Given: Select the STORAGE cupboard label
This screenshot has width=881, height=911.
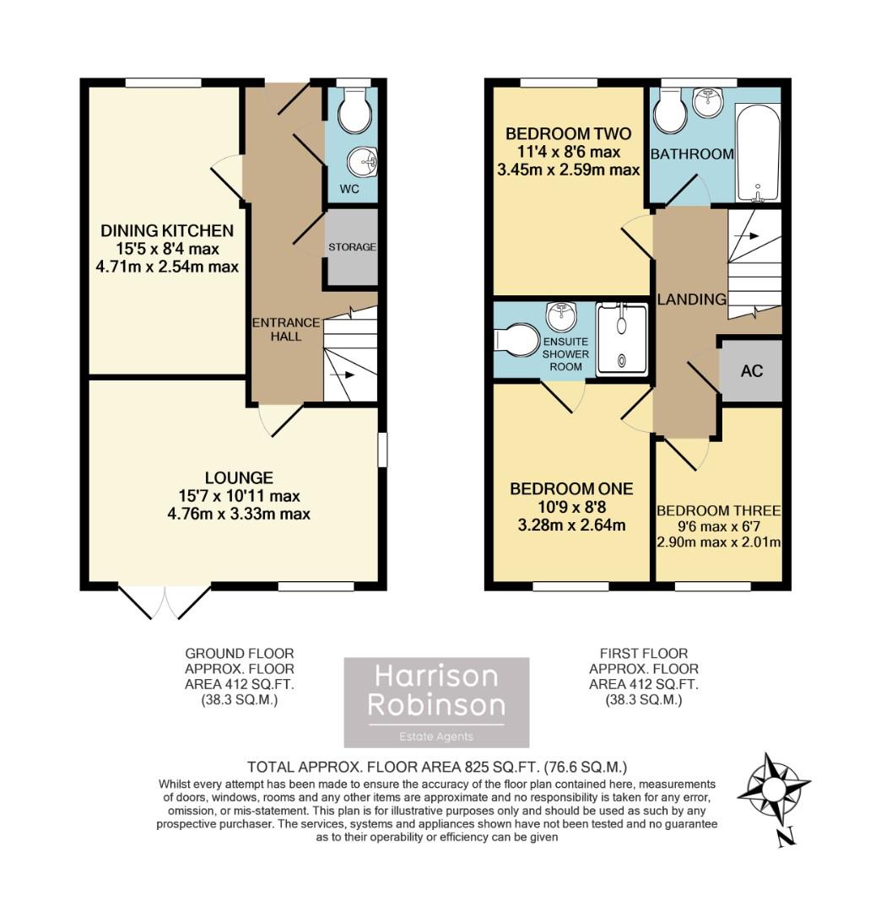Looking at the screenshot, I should pyautogui.click(x=352, y=247).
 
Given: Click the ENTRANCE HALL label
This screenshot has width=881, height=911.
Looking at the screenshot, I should pyautogui.click(x=286, y=329).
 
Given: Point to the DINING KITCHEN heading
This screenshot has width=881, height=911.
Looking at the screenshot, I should pyautogui.click(x=167, y=230).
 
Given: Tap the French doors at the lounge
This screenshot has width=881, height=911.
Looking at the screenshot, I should pyautogui.click(x=165, y=602).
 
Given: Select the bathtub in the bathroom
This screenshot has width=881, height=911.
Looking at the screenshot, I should pyautogui.click(x=758, y=152).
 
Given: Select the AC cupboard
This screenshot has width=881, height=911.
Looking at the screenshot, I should pyautogui.click(x=751, y=370).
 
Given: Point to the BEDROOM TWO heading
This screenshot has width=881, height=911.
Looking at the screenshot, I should pyautogui.click(x=568, y=134).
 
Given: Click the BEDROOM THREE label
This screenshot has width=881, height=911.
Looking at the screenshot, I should pyautogui.click(x=718, y=511).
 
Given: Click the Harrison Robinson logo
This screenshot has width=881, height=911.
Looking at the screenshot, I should pyautogui.click(x=436, y=702).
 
